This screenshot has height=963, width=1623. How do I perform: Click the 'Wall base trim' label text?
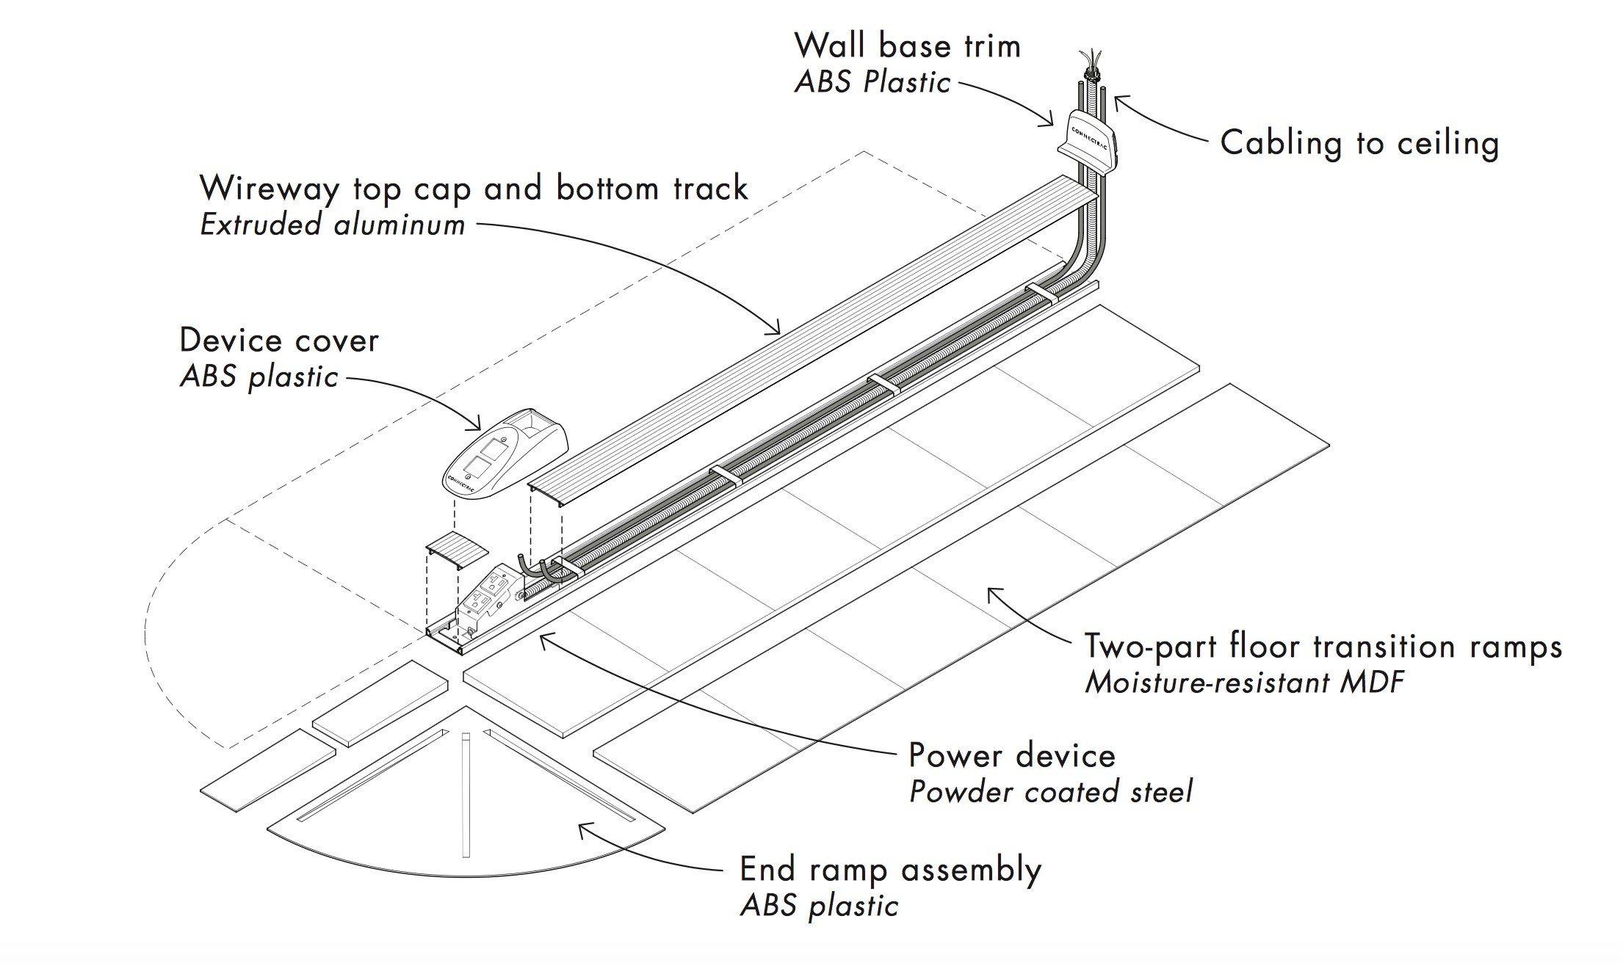click(908, 46)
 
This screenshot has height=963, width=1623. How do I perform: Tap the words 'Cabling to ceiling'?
click(1359, 143)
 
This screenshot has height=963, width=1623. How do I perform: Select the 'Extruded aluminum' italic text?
click(332, 225)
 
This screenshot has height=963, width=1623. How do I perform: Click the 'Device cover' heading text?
click(279, 341)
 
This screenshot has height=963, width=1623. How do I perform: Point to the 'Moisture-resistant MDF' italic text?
click(1244, 683)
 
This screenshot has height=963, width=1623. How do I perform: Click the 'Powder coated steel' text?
click(1050, 792)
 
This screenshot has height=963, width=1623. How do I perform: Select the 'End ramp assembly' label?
click(890, 870)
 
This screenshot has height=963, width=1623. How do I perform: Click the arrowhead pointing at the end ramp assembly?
click(582, 829)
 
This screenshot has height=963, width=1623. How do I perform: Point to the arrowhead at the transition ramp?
click(991, 592)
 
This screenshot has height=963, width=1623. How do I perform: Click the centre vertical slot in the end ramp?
click(466, 793)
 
